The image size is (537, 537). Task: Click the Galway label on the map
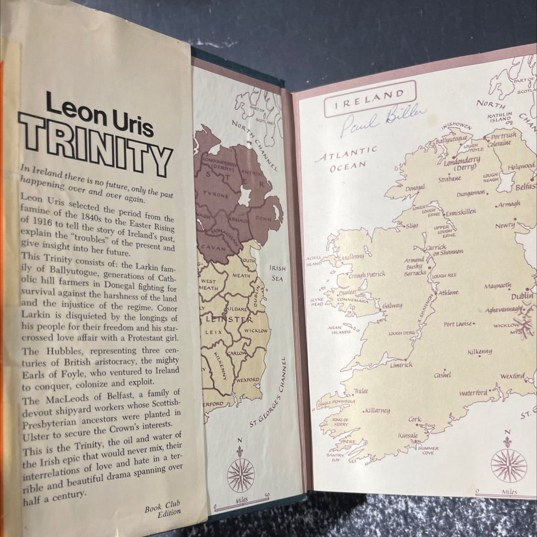pyautogui.click(x=391, y=305)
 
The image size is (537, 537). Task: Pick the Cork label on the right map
pyautogui.click(x=415, y=419)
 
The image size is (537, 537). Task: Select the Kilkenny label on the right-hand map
pyautogui.click(x=479, y=352)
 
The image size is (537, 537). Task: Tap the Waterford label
pyautogui.click(x=473, y=393)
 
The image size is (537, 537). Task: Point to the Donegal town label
pyautogui.click(x=416, y=188)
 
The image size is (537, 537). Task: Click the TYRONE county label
pyautogui.click(x=216, y=196)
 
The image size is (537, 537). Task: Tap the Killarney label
pyautogui.click(x=377, y=410)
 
